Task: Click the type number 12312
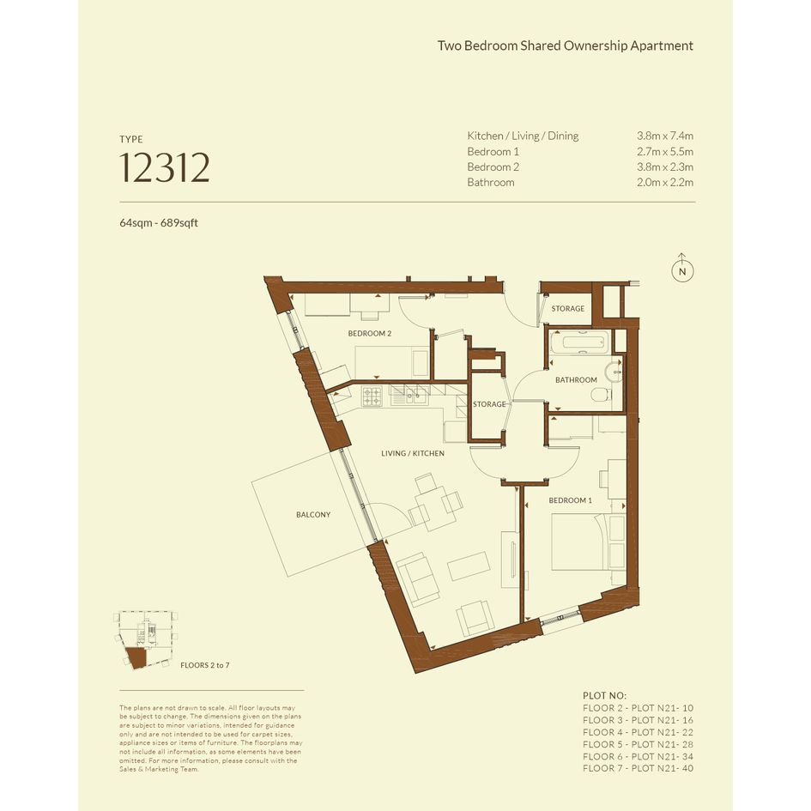(x=165, y=167)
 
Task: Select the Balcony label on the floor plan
(x=313, y=515)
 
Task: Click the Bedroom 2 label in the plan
(x=369, y=334)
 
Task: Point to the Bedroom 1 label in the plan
(x=570, y=500)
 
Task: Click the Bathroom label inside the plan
(x=576, y=379)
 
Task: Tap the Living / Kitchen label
(x=413, y=453)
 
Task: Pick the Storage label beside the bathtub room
(x=568, y=308)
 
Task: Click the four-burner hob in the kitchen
(x=372, y=396)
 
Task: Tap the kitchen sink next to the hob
(x=409, y=396)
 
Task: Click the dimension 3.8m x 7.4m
(x=665, y=136)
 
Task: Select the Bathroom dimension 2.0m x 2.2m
(x=665, y=182)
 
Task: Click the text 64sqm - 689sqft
(x=159, y=223)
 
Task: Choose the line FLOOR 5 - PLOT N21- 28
(x=638, y=744)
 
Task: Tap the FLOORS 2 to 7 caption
(x=205, y=665)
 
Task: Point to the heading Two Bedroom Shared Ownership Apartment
(x=566, y=45)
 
